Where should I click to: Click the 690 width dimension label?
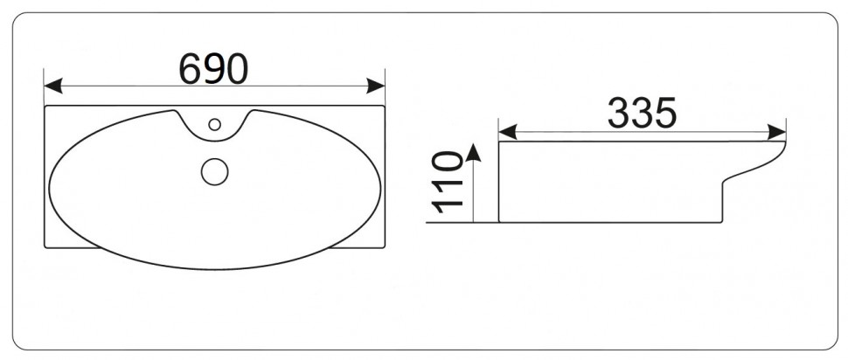pyautogui.click(x=213, y=69)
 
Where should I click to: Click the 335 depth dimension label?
pyautogui.click(x=642, y=113)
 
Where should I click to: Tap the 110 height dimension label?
pyautogui.click(x=448, y=182)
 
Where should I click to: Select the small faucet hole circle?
pyautogui.click(x=215, y=124)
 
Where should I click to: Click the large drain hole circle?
pyautogui.click(x=215, y=172)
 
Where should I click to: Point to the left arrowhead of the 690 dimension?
pyautogui.click(x=53, y=86)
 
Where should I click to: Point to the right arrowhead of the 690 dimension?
pyautogui.click(x=375, y=86)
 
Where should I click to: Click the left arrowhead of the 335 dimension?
pyautogui.click(x=508, y=132)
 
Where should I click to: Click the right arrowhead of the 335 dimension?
pyautogui.click(x=776, y=132)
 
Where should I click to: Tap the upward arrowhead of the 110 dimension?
pyautogui.click(x=473, y=152)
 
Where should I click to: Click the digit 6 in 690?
pyautogui.click(x=190, y=69)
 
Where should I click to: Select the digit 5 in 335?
pyautogui.click(x=666, y=113)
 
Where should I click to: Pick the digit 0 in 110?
pyautogui.click(x=448, y=163)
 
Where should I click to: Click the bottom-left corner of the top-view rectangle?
pyautogui.click(x=45, y=247)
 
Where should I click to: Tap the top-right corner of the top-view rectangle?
pyautogui.click(x=384, y=106)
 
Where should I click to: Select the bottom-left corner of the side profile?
pyautogui.click(x=499, y=222)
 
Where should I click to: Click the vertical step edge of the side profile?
pyautogui.click(x=722, y=203)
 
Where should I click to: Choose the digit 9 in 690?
pyautogui.click(x=213, y=69)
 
